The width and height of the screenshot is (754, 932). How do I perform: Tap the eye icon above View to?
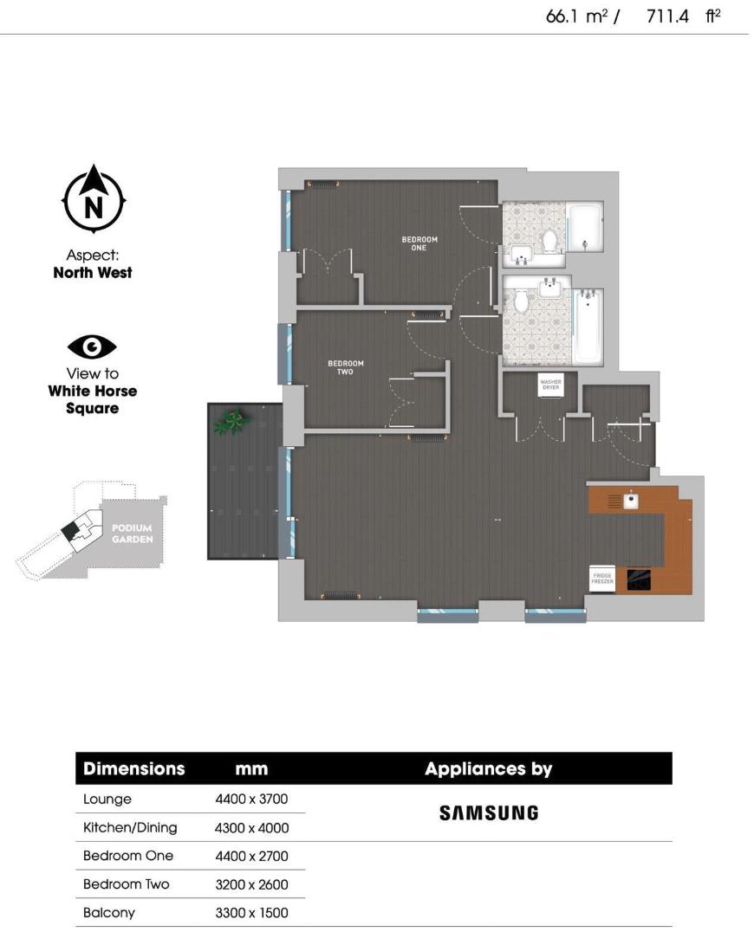click(92, 347)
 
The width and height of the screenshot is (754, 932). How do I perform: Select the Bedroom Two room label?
click(345, 367)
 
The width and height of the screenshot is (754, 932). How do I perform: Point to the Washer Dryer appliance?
click(550, 385)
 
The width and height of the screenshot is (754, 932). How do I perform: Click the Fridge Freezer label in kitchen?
click(602, 580)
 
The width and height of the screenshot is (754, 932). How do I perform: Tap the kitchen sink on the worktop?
click(632, 500)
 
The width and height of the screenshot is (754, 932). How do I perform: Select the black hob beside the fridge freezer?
click(640, 579)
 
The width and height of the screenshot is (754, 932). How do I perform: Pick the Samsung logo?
click(489, 812)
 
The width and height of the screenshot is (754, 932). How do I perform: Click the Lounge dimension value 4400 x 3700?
click(251, 799)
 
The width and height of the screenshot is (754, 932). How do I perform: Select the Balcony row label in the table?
click(108, 912)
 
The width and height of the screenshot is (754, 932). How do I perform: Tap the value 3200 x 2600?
click(251, 884)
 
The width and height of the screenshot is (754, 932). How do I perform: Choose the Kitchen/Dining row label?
click(130, 827)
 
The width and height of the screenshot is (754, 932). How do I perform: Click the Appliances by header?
click(488, 768)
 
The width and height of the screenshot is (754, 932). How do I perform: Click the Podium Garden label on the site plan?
click(132, 534)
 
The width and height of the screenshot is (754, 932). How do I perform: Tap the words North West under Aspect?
click(93, 272)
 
